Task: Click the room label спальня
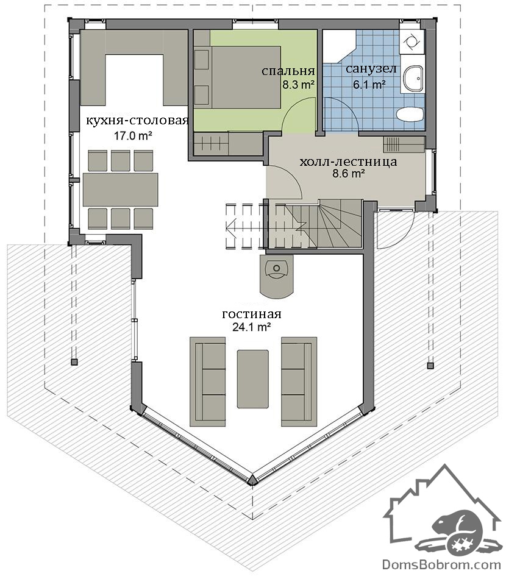point(288,71)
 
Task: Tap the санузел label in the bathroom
point(371,69)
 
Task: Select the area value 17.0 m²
point(133,136)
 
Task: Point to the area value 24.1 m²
point(252,327)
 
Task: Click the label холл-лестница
point(348,162)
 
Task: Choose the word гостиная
point(252,314)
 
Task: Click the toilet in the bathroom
point(409,114)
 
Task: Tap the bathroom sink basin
point(413,79)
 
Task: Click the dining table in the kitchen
point(121,190)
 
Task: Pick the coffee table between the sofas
point(252,379)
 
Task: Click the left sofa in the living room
point(207,382)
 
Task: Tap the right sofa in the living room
point(299,382)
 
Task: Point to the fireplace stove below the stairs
point(277,276)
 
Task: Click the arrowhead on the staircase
point(231,226)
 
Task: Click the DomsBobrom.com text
point(441,564)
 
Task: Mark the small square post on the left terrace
point(74,362)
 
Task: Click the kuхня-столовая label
point(137,121)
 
